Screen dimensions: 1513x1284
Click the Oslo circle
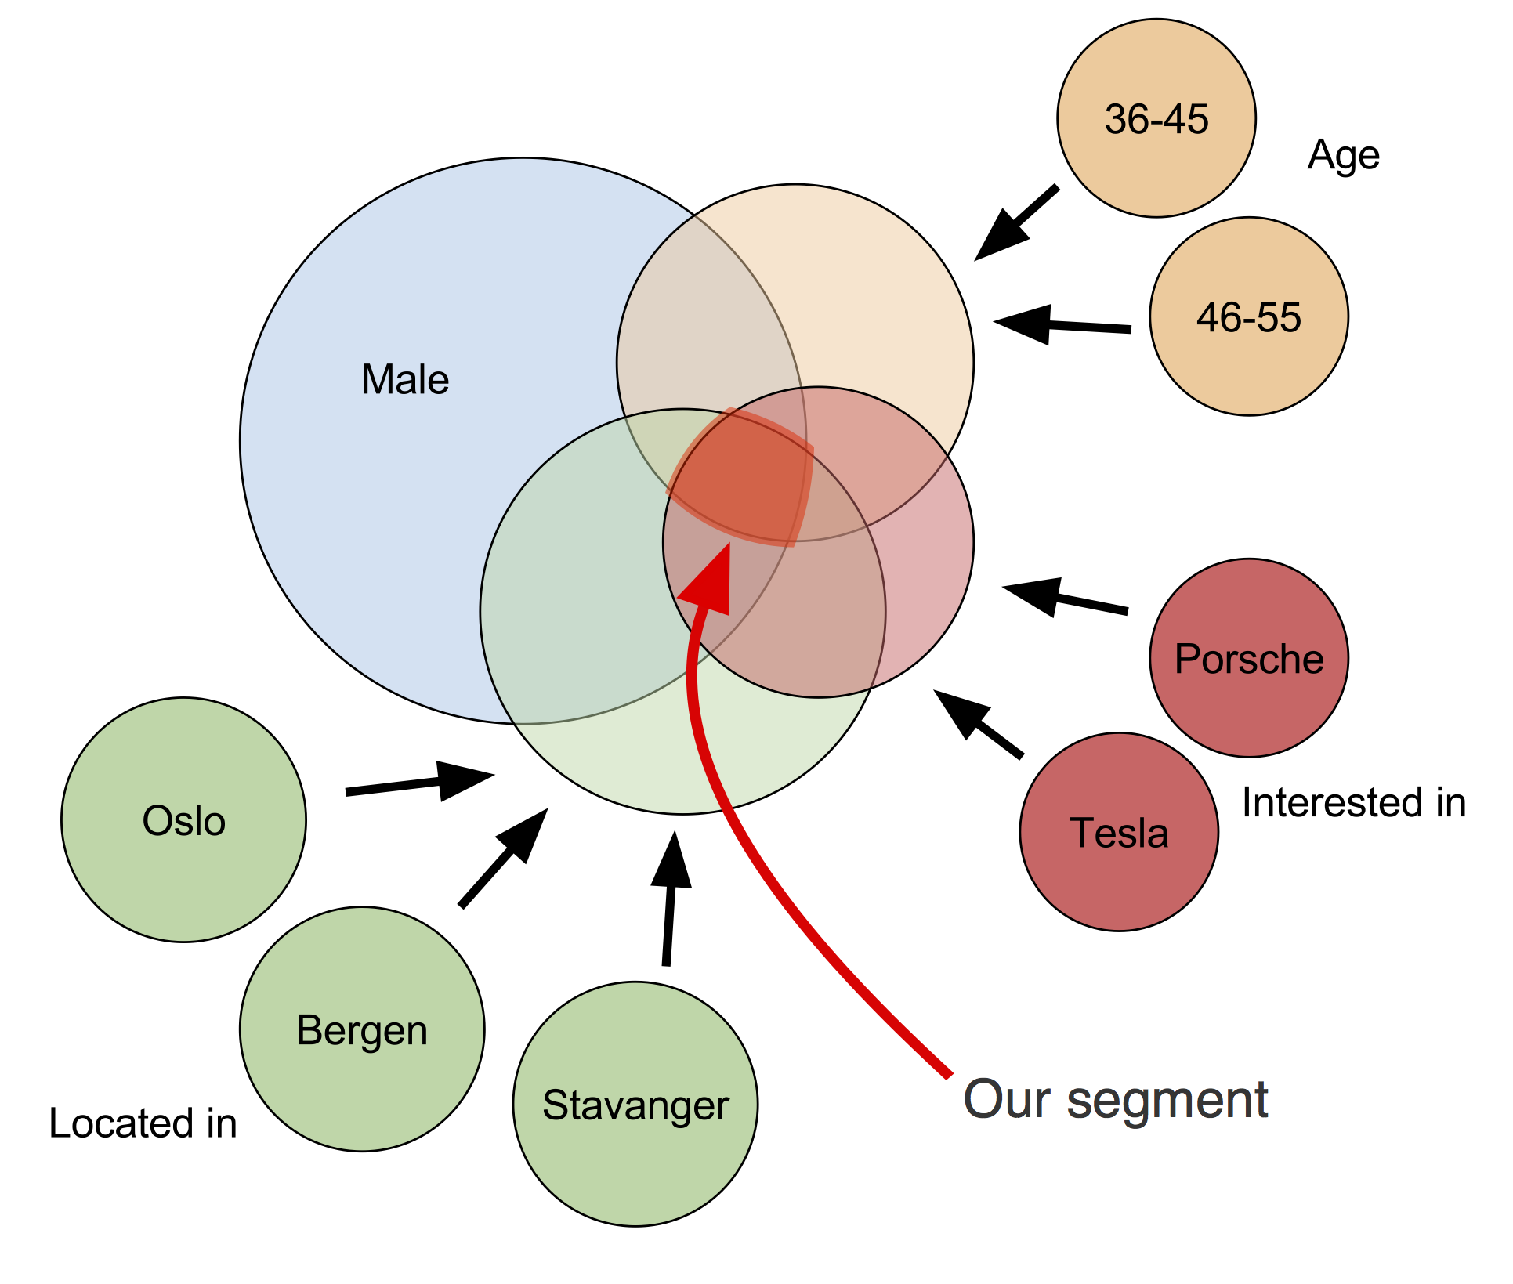click(184, 819)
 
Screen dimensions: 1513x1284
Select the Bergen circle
click(362, 1029)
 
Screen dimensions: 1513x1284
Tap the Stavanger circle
click(635, 1104)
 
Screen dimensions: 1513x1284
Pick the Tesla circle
click(1119, 832)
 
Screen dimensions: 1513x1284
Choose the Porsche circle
click(1249, 658)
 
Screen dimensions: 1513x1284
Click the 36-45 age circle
click(1156, 118)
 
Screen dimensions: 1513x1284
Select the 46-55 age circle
click(1249, 316)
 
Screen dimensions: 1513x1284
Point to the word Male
click(405, 379)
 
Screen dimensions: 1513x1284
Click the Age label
click(1343, 155)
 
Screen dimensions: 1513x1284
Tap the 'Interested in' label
click(1354, 802)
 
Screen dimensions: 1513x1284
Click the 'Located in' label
click(143, 1123)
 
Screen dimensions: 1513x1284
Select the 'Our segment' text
click(1115, 1099)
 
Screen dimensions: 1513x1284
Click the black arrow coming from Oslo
click(420, 782)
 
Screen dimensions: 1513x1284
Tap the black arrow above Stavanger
click(670, 899)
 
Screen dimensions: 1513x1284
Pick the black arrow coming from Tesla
click(978, 724)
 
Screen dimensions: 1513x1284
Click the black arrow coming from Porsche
click(1065, 598)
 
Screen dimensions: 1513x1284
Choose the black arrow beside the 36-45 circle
click(1016, 223)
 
